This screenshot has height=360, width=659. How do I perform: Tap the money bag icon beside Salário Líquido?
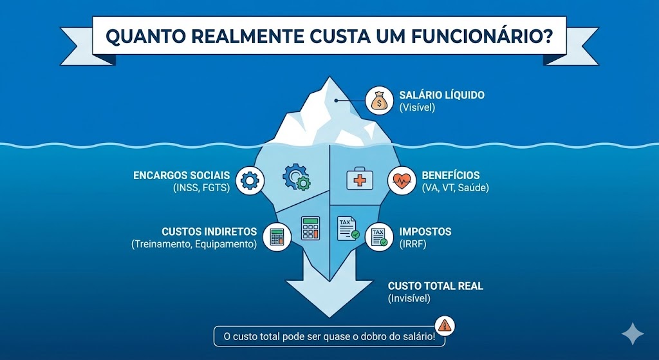pyautogui.click(x=378, y=101)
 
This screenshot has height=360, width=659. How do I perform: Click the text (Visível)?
pyautogui.click(x=417, y=108)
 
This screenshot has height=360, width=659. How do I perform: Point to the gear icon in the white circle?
pyautogui.click(x=248, y=180)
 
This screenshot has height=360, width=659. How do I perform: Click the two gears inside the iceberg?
pyautogui.click(x=297, y=176)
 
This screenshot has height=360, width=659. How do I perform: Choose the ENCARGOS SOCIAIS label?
pyautogui.click(x=181, y=175)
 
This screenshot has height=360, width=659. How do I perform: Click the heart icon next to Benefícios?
pyautogui.click(x=401, y=181)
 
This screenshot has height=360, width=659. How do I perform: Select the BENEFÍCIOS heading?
pyautogui.click(x=450, y=175)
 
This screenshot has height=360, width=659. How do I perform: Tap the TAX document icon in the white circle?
pyautogui.click(x=378, y=237)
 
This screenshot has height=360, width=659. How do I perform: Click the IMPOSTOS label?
pyautogui.click(x=425, y=231)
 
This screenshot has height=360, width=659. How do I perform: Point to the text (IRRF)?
pyautogui.click(x=413, y=244)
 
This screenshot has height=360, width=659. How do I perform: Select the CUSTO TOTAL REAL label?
pyautogui.click(x=435, y=286)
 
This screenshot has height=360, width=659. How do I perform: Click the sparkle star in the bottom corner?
pyautogui.click(x=633, y=334)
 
